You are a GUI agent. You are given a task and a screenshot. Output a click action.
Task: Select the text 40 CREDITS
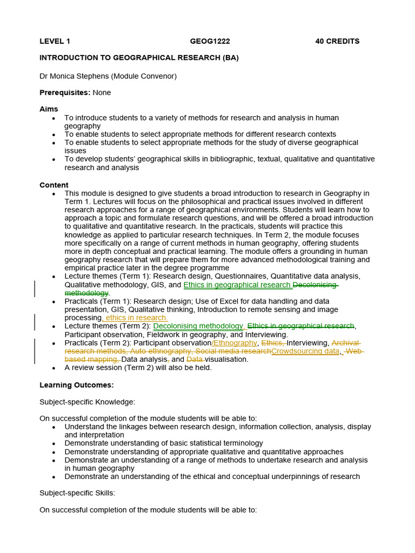coord(337,41)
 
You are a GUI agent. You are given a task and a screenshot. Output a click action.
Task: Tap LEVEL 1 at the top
coord(55,41)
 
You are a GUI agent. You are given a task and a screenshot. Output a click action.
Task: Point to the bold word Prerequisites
coord(65,92)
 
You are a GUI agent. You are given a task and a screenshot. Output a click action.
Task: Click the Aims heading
coord(49,109)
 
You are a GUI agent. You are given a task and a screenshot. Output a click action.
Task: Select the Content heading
coord(54,185)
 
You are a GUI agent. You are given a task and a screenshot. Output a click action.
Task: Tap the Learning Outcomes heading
coord(77,385)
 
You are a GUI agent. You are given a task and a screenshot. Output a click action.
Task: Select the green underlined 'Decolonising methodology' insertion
coord(198,326)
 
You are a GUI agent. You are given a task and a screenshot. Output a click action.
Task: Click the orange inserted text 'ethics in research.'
coord(136,318)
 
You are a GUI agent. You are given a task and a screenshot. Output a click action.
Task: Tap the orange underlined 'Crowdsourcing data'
coord(305,351)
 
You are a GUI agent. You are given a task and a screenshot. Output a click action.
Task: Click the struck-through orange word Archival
coord(345,343)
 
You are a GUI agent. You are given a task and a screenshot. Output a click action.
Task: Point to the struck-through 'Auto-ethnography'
coord(155,351)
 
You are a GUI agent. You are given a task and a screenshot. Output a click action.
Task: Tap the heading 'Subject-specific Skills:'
coord(77,493)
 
